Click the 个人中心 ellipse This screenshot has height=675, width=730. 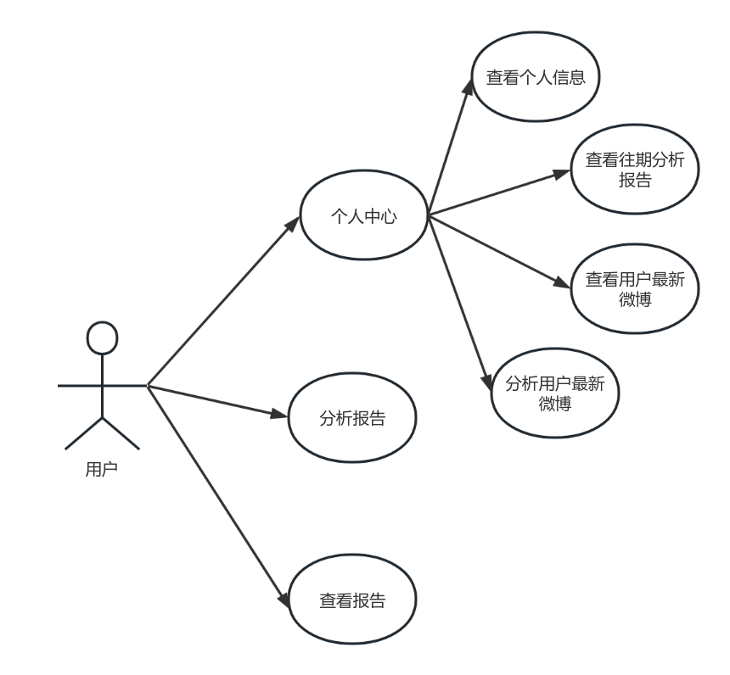(364, 216)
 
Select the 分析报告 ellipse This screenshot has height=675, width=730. (352, 419)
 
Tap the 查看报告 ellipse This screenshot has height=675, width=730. (352, 600)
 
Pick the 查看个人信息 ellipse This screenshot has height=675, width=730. (536, 77)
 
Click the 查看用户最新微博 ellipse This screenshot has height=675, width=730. (635, 289)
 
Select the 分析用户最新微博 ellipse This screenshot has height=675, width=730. (555, 393)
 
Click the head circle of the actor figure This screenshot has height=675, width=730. (102, 337)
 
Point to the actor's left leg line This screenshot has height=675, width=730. (84, 432)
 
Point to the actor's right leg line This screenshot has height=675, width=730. (121, 432)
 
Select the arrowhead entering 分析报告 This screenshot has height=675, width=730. (282, 416)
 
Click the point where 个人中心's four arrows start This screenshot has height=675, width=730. (429, 216)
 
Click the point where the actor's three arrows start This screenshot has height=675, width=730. (149, 386)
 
